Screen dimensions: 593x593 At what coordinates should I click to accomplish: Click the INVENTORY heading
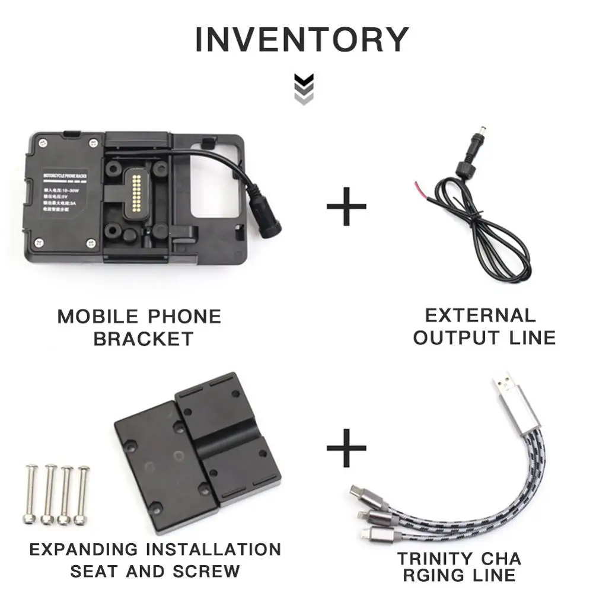click(301, 40)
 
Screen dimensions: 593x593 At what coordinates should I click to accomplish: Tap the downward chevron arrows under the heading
click(304, 90)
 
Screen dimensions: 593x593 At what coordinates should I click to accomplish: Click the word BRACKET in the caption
click(144, 339)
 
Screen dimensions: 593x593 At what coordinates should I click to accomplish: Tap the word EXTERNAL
click(480, 315)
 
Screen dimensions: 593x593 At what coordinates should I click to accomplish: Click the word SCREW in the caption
click(206, 571)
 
